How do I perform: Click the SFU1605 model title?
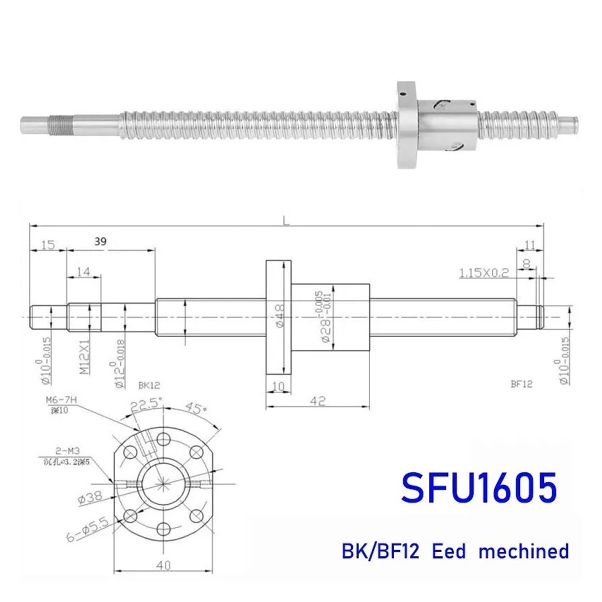(x=479, y=488)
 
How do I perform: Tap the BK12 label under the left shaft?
(x=149, y=385)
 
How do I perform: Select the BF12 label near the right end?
(x=521, y=384)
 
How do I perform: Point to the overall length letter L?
(x=287, y=222)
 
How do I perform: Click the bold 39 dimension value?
(x=100, y=242)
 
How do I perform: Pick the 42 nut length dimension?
(x=318, y=401)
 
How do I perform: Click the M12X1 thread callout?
(x=85, y=357)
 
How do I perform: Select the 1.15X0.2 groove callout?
(x=484, y=272)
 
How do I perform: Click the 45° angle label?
(x=194, y=408)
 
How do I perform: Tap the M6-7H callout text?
(x=61, y=400)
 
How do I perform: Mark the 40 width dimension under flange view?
(x=163, y=565)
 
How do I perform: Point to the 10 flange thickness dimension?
(x=278, y=386)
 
